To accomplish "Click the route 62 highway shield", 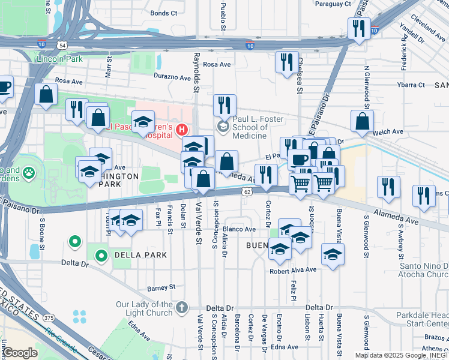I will [x=247, y=191].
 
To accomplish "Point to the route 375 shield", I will [x=49, y=317].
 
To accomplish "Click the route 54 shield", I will [x=62, y=45].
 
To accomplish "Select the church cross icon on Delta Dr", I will [x=183, y=308].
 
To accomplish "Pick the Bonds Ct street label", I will [x=164, y=13].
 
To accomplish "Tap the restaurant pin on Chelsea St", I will [x=286, y=62].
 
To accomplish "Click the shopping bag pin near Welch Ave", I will [x=362, y=121].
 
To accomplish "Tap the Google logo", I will [x=19, y=352].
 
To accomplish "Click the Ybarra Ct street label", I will [x=411, y=85].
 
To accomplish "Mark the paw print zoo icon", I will [x=28, y=174].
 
